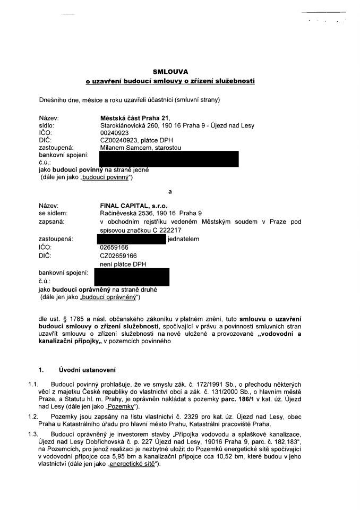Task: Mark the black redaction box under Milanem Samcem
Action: point(169,159)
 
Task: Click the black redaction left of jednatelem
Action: point(133,240)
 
